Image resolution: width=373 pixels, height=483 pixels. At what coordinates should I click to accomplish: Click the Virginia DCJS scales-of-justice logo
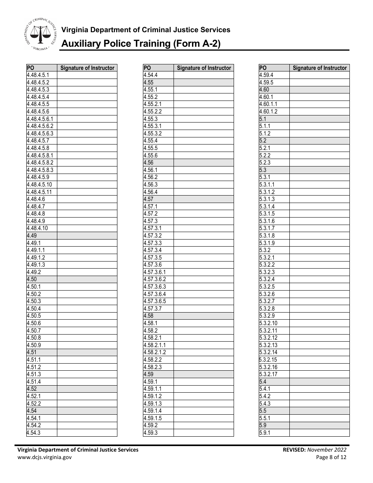[38, 34]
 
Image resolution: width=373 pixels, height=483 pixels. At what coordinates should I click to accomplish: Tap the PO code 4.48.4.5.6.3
[40, 134]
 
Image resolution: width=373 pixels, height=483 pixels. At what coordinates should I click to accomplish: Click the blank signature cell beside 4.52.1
[87, 396]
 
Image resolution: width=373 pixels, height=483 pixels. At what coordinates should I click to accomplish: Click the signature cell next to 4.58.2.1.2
[203, 352]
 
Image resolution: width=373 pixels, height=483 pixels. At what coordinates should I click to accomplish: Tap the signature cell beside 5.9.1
[319, 433]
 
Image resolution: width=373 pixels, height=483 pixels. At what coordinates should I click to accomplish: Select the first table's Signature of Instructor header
[88, 68]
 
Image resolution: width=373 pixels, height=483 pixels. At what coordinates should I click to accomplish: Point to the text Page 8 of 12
[331, 457]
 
